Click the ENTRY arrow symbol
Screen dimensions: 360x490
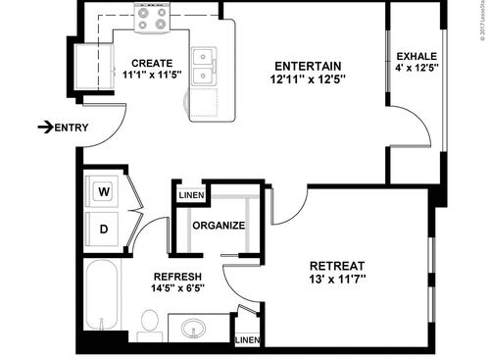45,127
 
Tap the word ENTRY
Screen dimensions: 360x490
73,128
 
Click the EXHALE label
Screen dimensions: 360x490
416,55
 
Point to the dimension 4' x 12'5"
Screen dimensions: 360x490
416,69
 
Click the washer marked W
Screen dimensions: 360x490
104,192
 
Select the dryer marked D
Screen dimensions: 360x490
104,230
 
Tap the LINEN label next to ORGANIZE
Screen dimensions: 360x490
190,196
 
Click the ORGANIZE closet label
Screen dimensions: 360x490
219,226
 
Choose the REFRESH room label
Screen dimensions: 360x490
177,275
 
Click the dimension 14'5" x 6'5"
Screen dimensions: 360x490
177,288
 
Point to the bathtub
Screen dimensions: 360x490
101,297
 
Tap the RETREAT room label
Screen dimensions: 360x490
336,266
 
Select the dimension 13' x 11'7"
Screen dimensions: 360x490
336,281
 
